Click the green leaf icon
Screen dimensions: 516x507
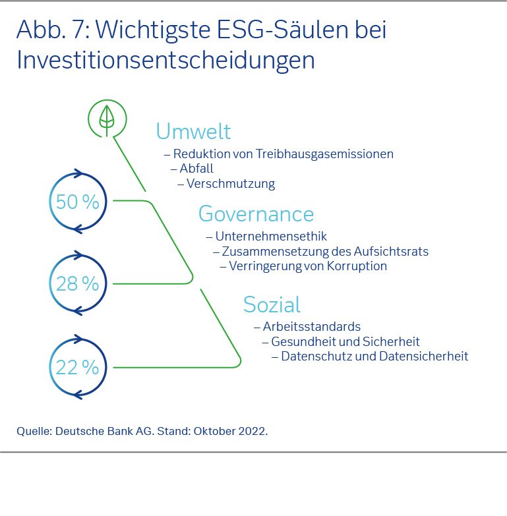point(105,119)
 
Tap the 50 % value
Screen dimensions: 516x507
point(77,202)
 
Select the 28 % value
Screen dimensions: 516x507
point(77,283)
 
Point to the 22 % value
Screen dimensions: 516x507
point(77,367)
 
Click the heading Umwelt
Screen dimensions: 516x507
point(193,131)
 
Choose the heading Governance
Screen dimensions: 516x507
point(256,214)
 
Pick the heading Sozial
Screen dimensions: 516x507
point(272,304)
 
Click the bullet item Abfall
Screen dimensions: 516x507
point(196,169)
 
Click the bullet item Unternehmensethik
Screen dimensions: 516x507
point(271,236)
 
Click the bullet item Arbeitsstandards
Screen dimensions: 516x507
point(311,326)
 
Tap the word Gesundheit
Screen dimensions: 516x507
point(301,341)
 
